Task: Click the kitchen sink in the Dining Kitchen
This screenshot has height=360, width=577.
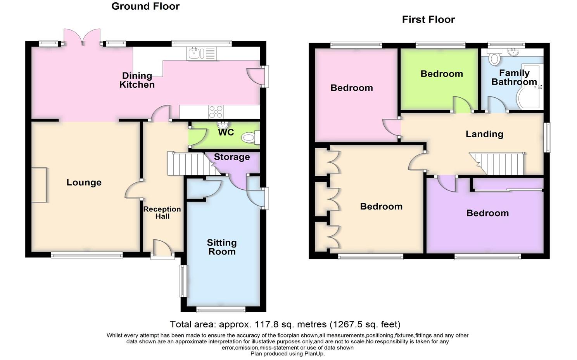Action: tap(202, 54)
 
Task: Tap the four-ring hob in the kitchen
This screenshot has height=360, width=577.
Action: tap(216, 112)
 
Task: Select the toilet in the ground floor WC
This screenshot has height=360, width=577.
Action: tap(251, 138)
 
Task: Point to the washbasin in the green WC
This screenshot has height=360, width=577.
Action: tap(223, 125)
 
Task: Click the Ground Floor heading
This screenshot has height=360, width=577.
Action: tap(145, 6)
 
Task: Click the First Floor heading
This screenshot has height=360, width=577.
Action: tap(428, 19)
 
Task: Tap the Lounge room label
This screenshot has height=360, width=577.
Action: tap(84, 182)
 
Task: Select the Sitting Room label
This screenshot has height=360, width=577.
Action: tap(222, 247)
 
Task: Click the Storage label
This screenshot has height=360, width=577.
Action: tap(232, 157)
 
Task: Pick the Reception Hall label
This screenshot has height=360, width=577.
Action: tap(162, 213)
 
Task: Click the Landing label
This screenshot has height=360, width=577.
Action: tap(484, 134)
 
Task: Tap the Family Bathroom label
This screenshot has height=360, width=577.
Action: tap(514, 77)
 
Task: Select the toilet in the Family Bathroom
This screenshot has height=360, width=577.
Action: tap(494, 57)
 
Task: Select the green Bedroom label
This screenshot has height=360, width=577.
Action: tap(442, 74)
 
